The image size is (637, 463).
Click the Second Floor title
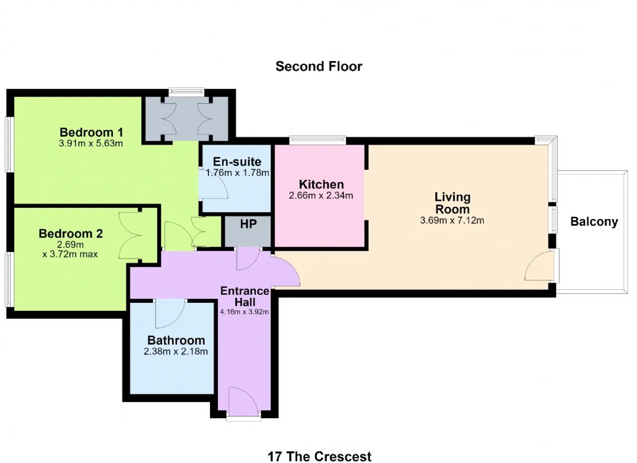point(319,67)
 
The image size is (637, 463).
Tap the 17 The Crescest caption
point(319,457)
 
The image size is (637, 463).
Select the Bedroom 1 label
point(91,132)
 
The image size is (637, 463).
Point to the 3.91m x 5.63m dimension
point(91,143)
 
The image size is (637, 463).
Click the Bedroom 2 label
point(71,234)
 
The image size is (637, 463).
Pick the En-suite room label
point(237,162)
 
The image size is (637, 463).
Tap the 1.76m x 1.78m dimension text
point(237,173)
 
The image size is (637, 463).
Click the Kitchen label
point(321,185)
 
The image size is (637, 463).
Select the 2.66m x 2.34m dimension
point(321,195)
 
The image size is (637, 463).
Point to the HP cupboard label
point(248,224)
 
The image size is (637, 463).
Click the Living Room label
point(452,203)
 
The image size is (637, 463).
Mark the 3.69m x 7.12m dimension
point(452,220)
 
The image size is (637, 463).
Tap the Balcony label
point(594,222)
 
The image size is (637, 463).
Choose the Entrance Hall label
point(245,297)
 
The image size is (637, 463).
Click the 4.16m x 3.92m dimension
point(244,312)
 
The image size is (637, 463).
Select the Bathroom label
point(176,341)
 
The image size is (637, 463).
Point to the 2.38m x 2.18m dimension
point(176,352)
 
